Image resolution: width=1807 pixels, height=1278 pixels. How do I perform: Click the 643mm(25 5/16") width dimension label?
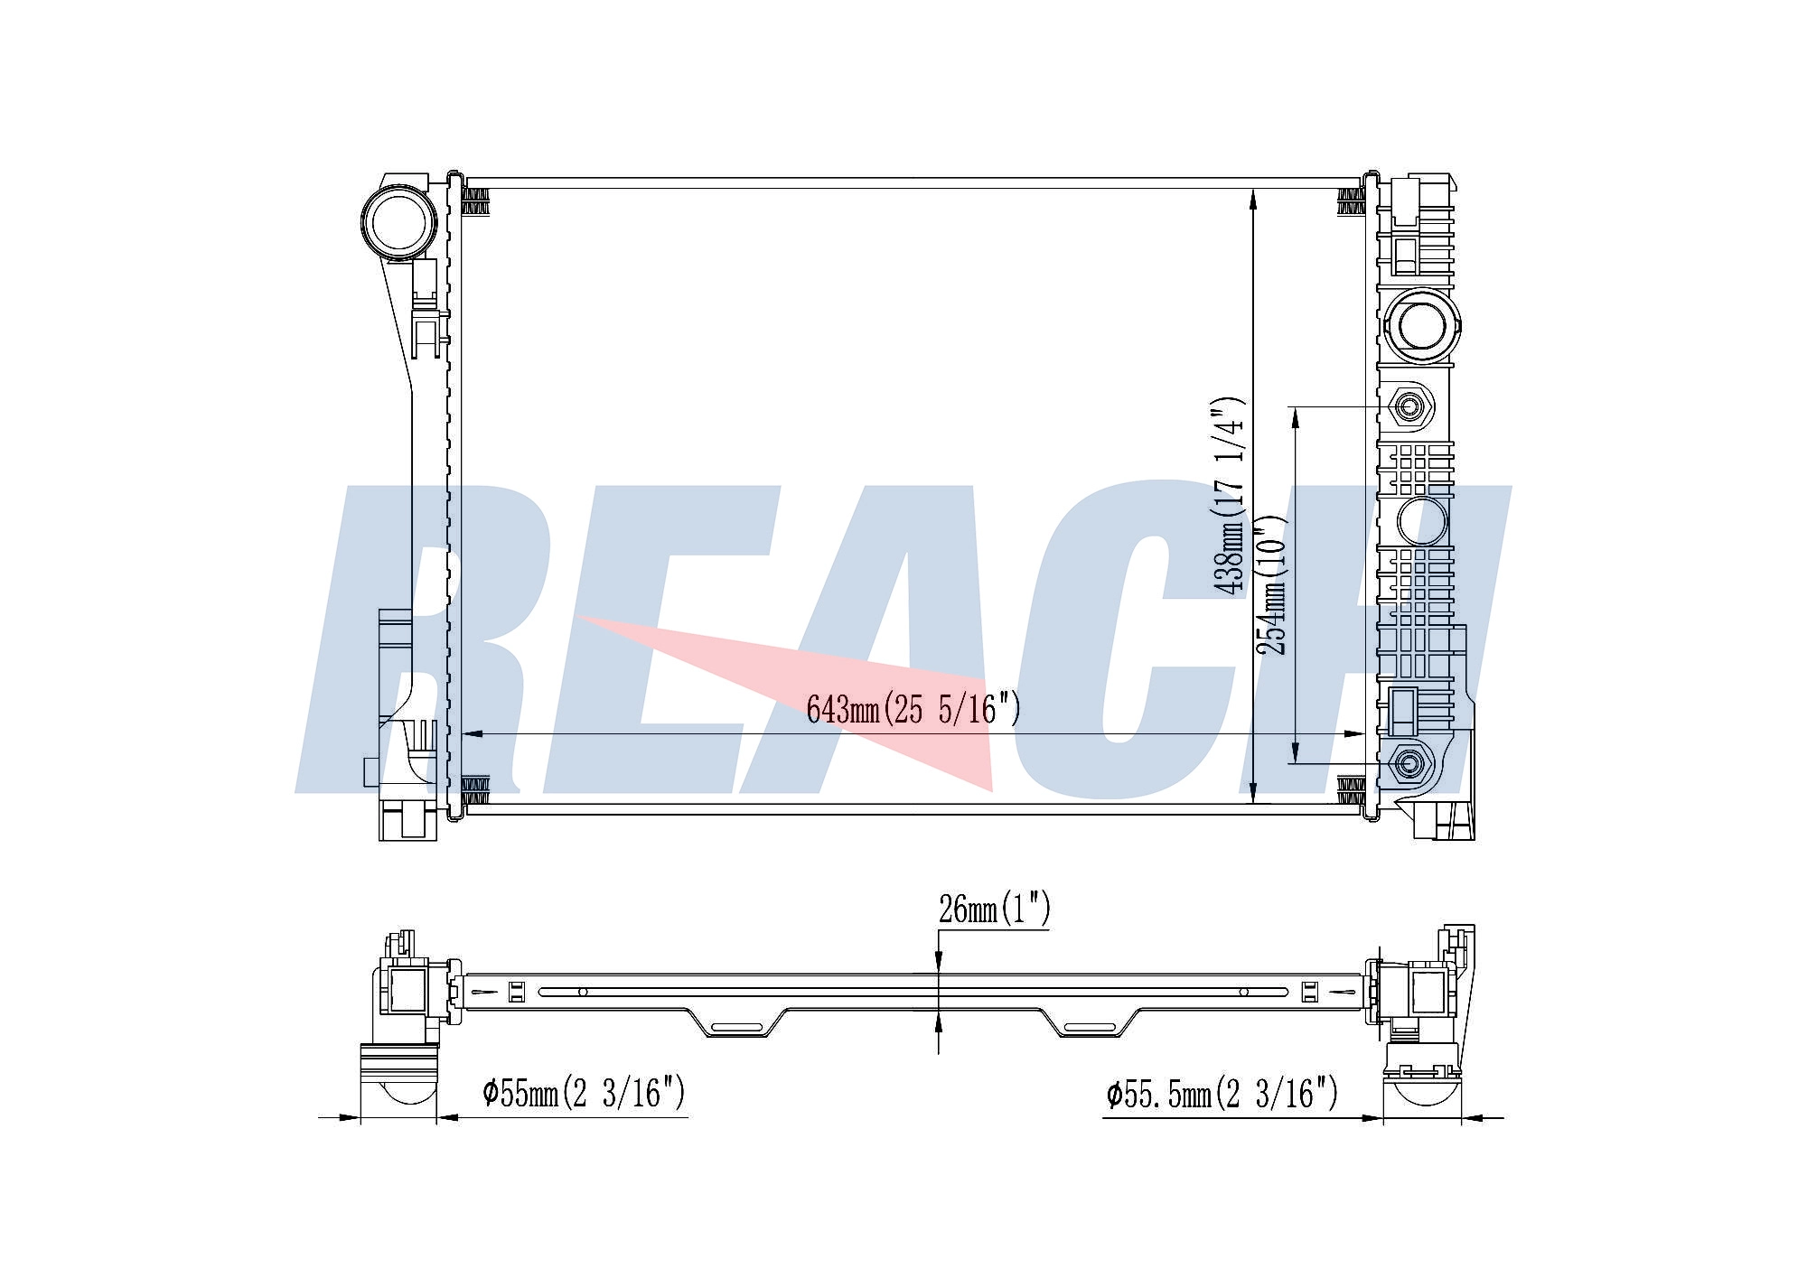(913, 709)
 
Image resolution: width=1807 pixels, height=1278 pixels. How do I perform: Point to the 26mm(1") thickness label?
(995, 909)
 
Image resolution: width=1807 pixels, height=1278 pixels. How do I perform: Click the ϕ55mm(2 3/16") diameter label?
(585, 1093)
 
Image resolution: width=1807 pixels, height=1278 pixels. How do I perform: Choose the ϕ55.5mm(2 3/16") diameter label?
(1222, 1095)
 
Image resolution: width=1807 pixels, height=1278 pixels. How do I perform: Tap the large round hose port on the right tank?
(1421, 324)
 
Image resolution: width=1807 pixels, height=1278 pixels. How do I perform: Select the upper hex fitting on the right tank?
(1408, 407)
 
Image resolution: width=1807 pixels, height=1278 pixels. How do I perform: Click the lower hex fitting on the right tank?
(1408, 764)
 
